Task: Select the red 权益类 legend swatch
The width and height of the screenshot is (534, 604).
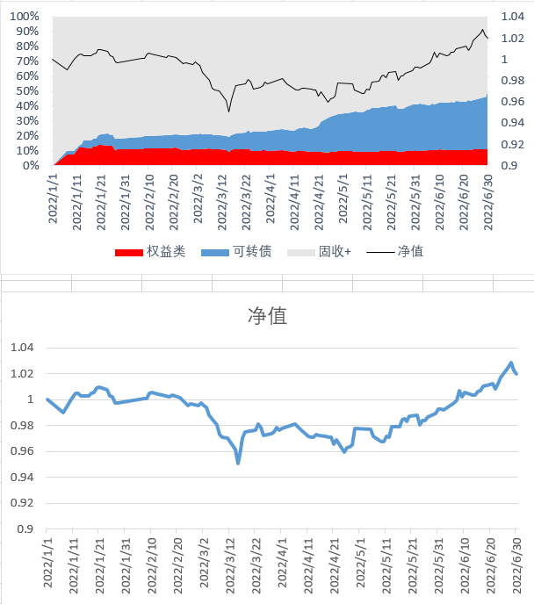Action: [129, 252]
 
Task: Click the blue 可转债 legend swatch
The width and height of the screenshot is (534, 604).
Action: [214, 252]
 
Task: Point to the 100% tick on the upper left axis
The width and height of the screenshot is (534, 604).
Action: [24, 17]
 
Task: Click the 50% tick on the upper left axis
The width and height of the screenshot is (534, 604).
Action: [26, 91]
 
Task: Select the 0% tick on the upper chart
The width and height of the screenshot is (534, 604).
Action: [31, 165]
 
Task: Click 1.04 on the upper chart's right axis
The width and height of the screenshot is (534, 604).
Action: [511, 17]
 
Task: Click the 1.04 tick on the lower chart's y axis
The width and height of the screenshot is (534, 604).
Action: [20, 348]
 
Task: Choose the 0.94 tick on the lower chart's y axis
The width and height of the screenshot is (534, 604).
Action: [20, 478]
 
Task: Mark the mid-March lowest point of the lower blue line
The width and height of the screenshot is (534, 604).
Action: [238, 463]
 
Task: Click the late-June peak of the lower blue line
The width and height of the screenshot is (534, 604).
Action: [511, 363]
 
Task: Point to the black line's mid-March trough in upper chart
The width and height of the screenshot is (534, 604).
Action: [229, 111]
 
